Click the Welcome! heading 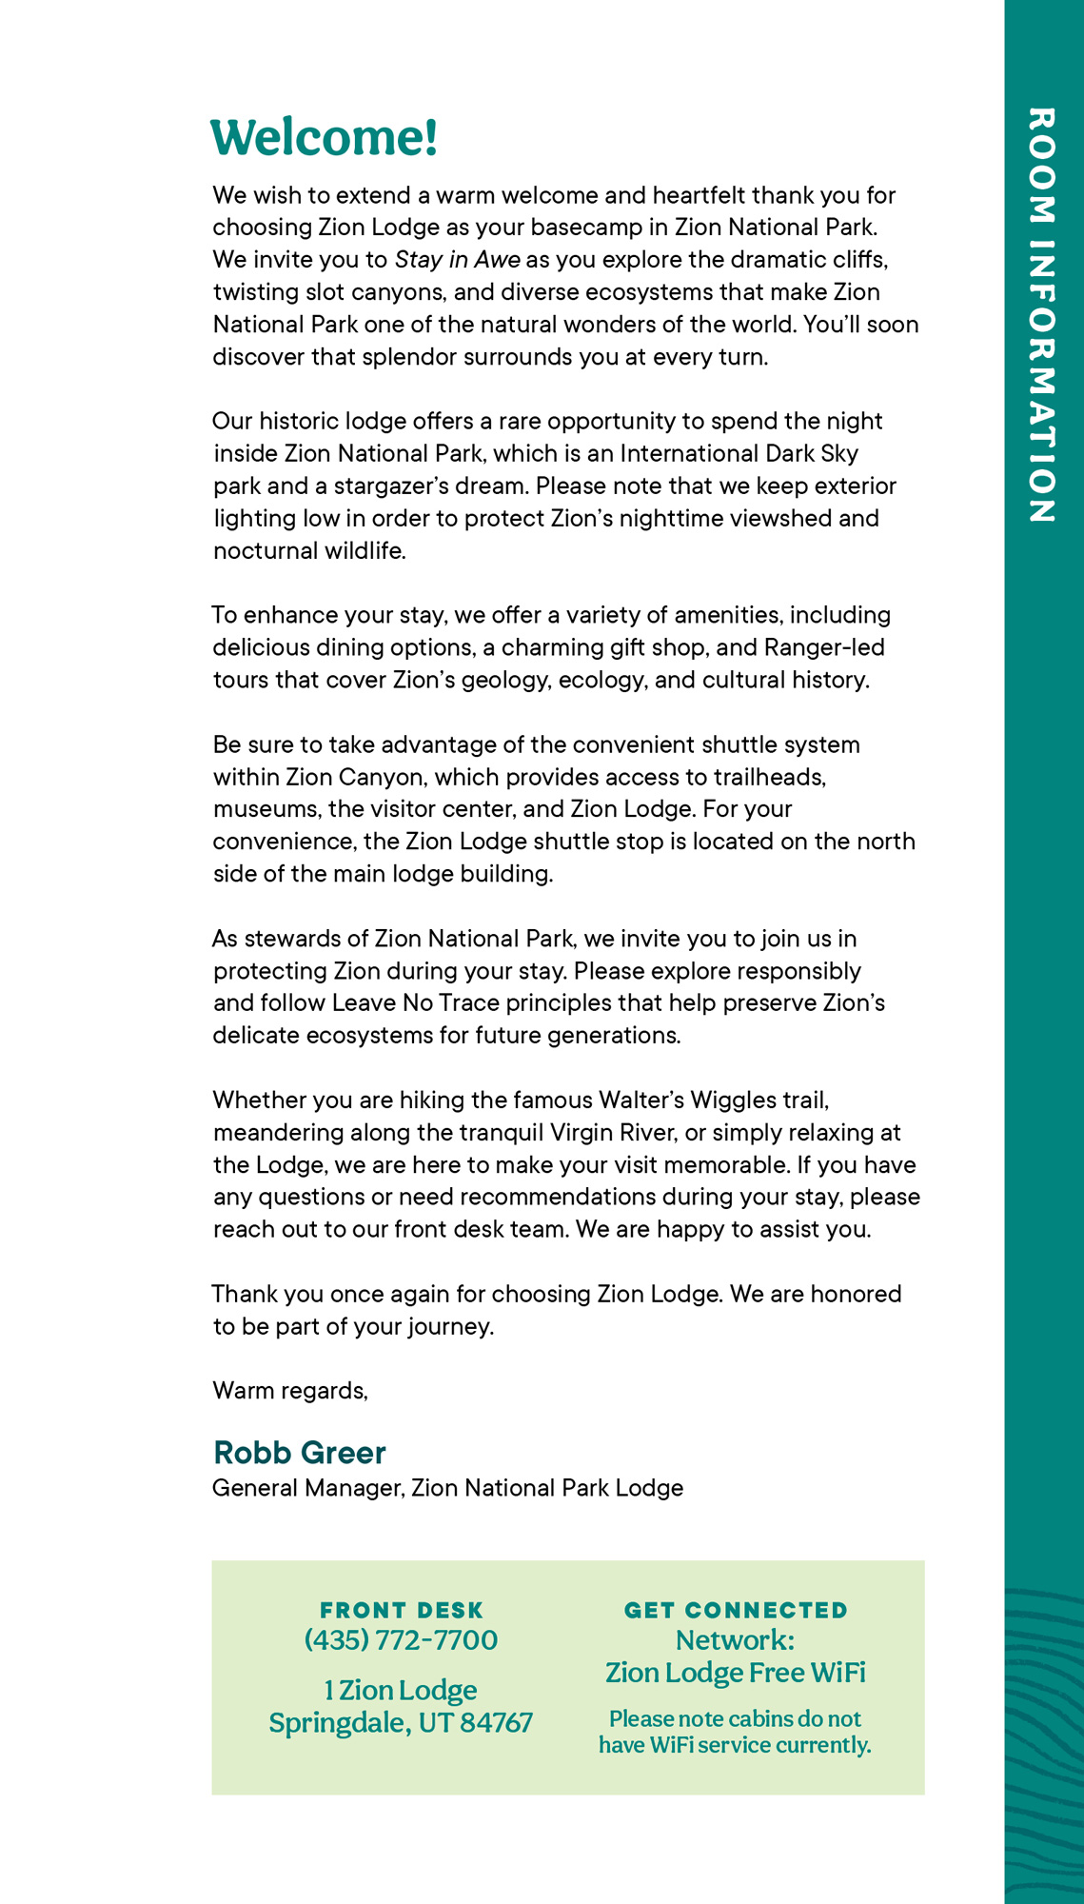pos(324,137)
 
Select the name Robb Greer pos(299,1452)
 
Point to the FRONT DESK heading pos(402,1610)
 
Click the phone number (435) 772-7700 pos(401,1639)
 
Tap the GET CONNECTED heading pos(736,1610)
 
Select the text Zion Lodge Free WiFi pos(736,1673)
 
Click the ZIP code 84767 pos(496,1722)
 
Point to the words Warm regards pos(290,1390)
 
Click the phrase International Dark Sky pos(739,453)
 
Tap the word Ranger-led pos(823,647)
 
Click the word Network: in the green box pos(735,1640)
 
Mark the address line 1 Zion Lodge pos(401,1690)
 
